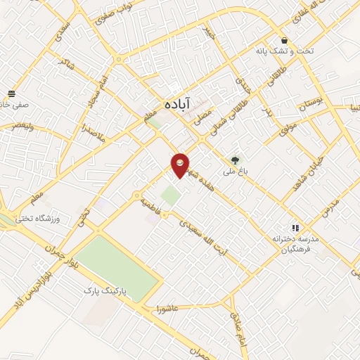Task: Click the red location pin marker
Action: (181, 165)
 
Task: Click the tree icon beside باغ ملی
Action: (236, 160)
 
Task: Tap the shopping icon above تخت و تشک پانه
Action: (284, 40)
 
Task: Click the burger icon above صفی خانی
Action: (11, 94)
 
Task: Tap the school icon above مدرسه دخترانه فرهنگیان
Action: (295, 229)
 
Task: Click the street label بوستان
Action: (313, 105)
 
